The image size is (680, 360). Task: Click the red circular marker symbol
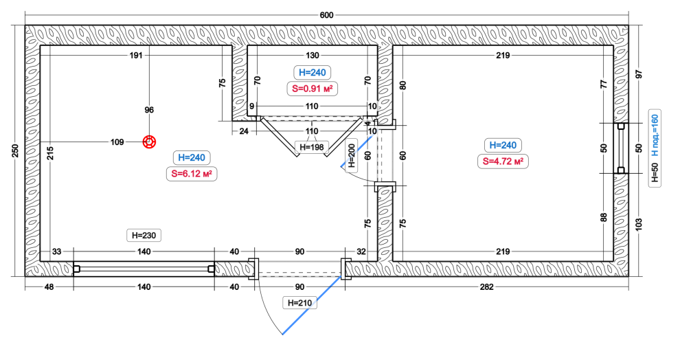click(149, 142)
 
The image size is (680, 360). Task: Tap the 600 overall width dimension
click(326, 15)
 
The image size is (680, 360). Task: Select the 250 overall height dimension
click(15, 150)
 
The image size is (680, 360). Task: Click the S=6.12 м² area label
click(191, 174)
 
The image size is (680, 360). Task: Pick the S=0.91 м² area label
click(313, 89)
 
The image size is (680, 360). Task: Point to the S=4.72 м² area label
click(503, 161)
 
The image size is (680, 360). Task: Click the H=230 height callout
click(144, 236)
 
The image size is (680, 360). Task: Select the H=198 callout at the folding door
click(311, 147)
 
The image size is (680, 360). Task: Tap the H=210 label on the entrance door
click(299, 303)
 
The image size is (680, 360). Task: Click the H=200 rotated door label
click(351, 156)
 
